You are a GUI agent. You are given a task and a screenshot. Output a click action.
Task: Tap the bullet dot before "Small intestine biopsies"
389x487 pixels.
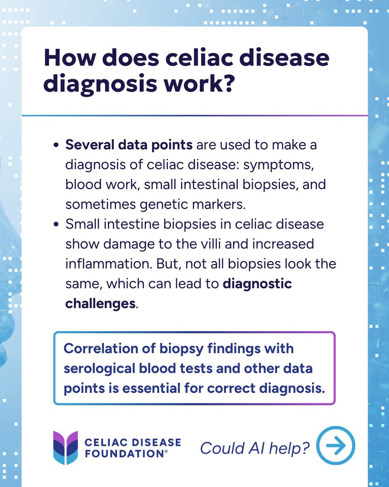coord(56,224)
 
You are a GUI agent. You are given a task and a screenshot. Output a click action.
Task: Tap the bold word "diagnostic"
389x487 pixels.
coord(257,283)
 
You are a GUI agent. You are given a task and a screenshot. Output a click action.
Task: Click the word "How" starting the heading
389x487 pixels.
coord(68,58)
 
